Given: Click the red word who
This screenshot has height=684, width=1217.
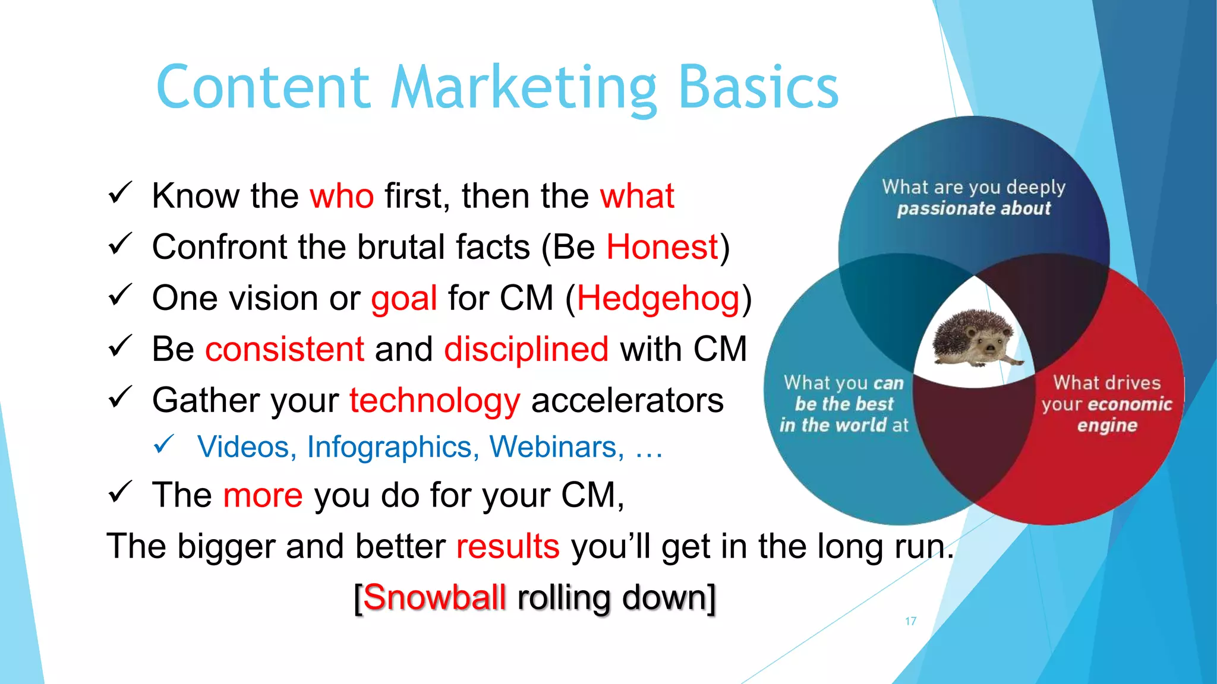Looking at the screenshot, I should pyautogui.click(x=342, y=196).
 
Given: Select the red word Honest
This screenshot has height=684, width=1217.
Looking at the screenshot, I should pyautogui.click(x=662, y=247).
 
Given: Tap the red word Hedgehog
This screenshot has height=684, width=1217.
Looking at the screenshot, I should pyautogui.click(x=658, y=299).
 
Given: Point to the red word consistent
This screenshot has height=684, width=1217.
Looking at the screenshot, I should pyautogui.click(x=285, y=349).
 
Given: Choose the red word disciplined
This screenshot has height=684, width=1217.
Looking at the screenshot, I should pyautogui.click(x=526, y=349).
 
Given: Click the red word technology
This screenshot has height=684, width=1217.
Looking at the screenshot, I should pyautogui.click(x=434, y=401).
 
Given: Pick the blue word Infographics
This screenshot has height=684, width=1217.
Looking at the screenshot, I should pyautogui.click(x=393, y=447).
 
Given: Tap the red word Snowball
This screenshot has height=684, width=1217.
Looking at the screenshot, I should pyautogui.click(x=434, y=597).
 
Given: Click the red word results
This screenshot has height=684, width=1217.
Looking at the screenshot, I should pyautogui.click(x=507, y=546).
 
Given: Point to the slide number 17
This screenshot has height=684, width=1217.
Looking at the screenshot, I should pyautogui.click(x=910, y=621).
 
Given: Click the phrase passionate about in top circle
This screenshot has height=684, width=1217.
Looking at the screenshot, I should pyautogui.click(x=973, y=209).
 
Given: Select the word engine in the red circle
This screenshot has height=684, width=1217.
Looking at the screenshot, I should pyautogui.click(x=1106, y=426).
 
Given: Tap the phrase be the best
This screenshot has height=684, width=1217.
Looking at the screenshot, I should pyautogui.click(x=844, y=404).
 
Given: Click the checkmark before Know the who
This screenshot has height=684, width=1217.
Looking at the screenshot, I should pyautogui.click(x=119, y=194).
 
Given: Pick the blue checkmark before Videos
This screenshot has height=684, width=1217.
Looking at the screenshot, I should pyautogui.click(x=163, y=444).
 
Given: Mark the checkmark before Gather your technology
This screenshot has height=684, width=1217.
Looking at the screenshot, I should pyautogui.click(x=119, y=398).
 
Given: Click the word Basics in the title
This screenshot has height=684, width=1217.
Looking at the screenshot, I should pyautogui.click(x=758, y=88).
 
